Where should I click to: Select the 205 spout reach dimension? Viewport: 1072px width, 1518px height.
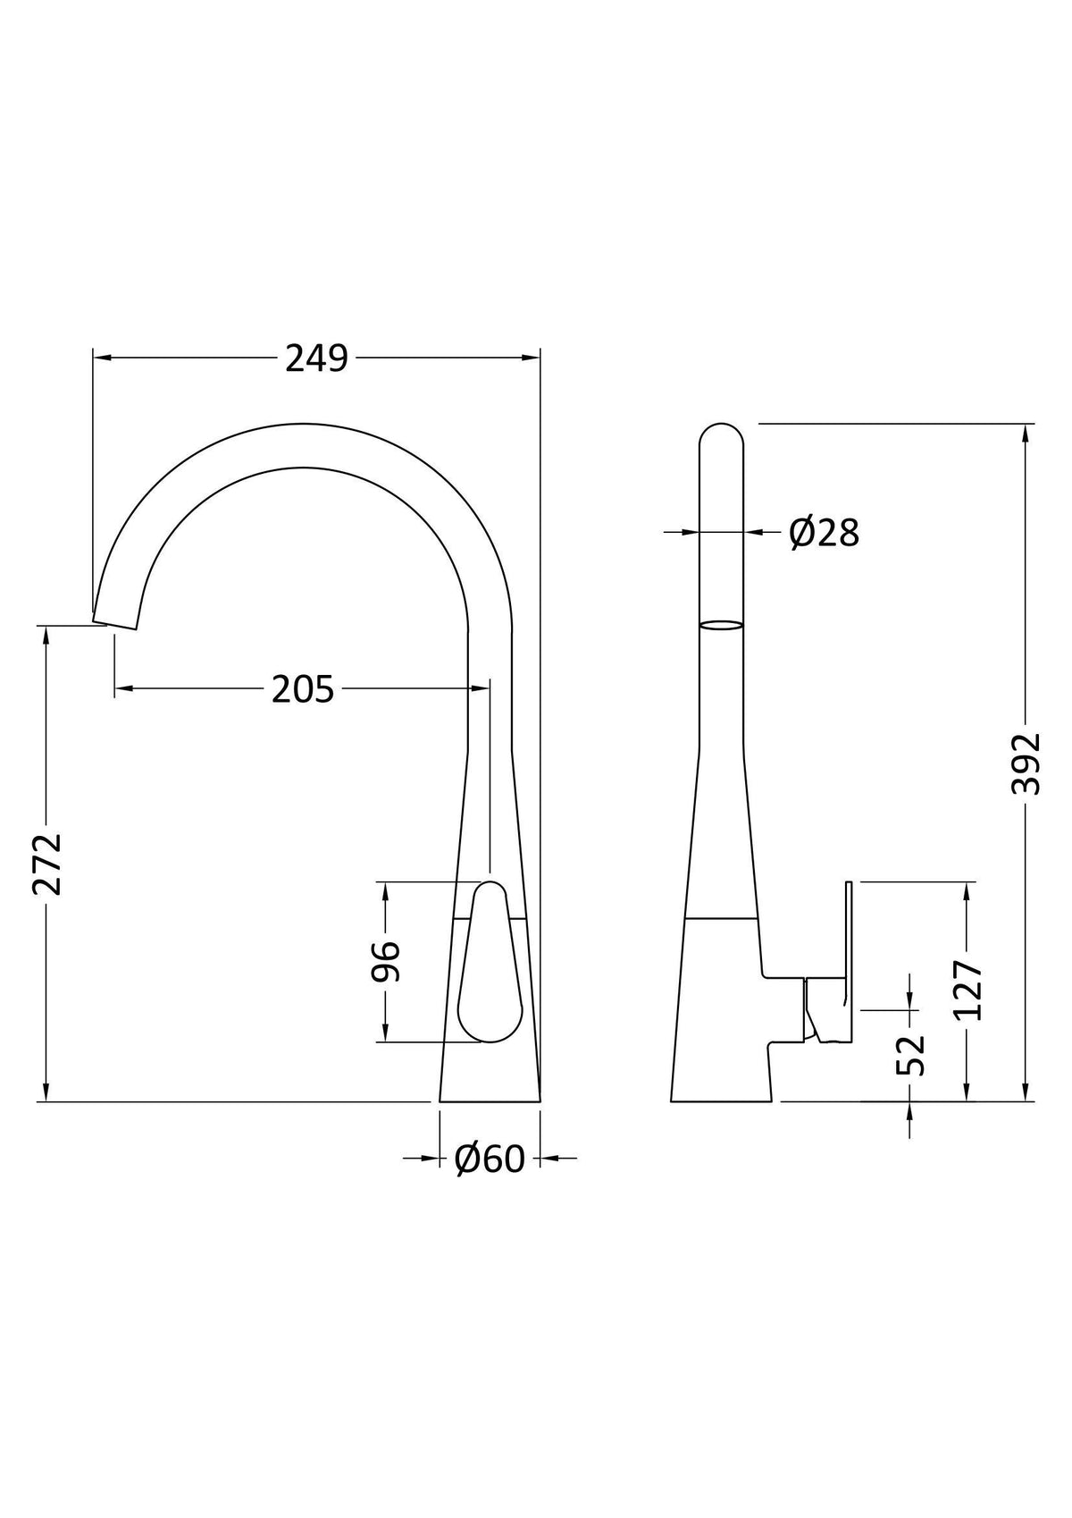click(303, 689)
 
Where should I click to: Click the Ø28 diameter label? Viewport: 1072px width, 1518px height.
click(825, 533)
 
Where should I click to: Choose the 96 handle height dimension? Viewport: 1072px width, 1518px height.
click(387, 961)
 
